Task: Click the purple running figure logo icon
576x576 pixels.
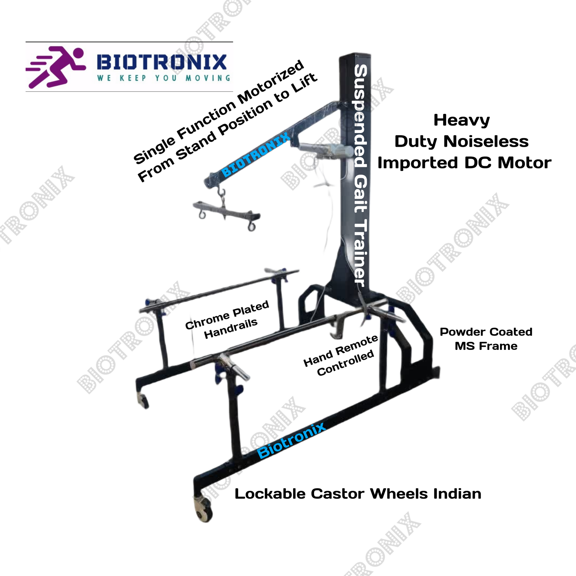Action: pos(56,67)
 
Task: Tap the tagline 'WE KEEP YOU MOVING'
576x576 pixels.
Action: pos(164,78)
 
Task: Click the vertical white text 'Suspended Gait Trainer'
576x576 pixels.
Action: pos(361,176)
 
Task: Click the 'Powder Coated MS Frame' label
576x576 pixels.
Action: pos(486,339)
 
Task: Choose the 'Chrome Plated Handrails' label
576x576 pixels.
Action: pos(227,320)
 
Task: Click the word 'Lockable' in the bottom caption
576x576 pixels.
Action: pos(270,494)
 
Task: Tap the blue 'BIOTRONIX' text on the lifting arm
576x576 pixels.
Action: pos(256,155)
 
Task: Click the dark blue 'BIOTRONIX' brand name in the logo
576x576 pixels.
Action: pos(162,62)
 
